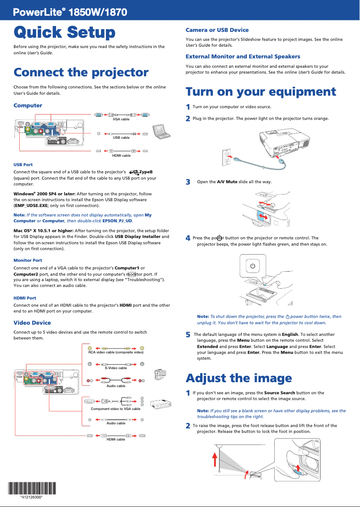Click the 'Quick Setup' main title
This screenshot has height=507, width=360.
coord(64,32)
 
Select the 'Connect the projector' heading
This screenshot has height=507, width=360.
coord(81,72)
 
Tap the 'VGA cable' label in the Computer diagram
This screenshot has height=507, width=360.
coord(121,119)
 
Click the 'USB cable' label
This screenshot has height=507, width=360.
coord(121,137)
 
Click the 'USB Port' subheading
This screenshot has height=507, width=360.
coord(23,165)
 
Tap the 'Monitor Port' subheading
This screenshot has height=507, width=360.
coord(28,260)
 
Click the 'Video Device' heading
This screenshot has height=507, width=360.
coord(32,322)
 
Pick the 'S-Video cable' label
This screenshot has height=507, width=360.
coord(116,368)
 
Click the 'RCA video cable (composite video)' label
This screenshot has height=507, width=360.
coord(116,353)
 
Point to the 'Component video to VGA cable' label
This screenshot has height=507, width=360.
coord(115,409)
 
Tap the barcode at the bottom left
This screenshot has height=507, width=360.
coord(31,488)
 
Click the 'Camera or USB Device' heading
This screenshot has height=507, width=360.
coord(217,30)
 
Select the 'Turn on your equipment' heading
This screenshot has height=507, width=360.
coord(261,92)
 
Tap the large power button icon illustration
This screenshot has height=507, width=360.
coord(253,266)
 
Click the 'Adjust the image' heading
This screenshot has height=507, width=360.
coord(239,378)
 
